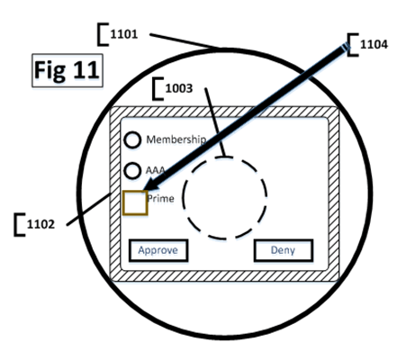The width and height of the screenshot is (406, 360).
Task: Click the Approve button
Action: click(x=158, y=250)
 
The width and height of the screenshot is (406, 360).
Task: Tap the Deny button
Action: click(x=284, y=250)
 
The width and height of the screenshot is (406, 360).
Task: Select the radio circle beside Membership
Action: click(x=132, y=139)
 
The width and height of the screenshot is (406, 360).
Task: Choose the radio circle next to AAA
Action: click(x=132, y=171)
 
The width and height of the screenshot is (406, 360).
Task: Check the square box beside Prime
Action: click(x=135, y=202)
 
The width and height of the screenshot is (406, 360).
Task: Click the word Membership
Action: click(x=176, y=139)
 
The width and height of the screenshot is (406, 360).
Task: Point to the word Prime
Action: click(x=161, y=199)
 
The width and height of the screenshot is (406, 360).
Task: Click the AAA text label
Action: click(x=156, y=170)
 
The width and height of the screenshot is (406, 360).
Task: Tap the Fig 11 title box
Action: click(x=68, y=70)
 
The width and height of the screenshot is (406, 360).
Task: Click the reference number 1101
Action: click(x=124, y=34)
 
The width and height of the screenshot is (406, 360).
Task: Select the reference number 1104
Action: click(x=374, y=44)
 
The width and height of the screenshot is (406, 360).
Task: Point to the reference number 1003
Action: click(x=179, y=88)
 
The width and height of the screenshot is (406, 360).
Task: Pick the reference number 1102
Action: click(x=41, y=224)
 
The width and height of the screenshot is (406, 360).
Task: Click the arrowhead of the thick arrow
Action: click(x=150, y=185)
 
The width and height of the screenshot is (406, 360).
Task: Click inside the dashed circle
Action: click(x=225, y=198)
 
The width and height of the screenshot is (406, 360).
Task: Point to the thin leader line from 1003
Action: click(x=214, y=122)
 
